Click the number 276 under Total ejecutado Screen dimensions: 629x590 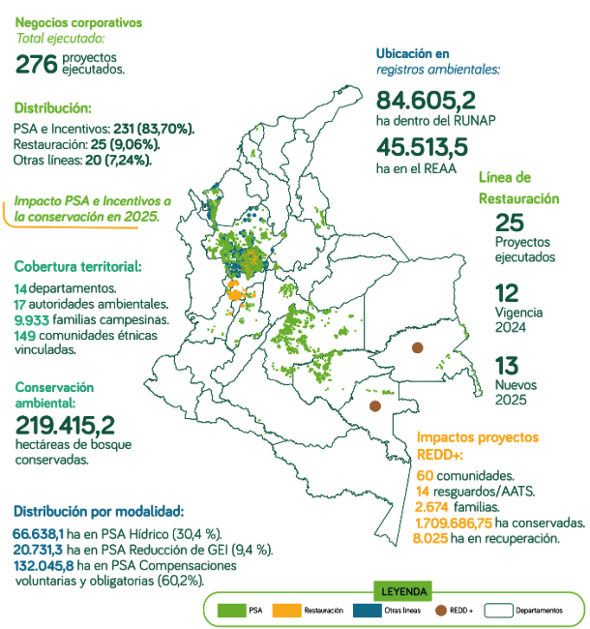pos(37,65)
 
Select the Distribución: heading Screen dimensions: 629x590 pos(52,107)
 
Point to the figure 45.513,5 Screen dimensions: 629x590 pos(422,147)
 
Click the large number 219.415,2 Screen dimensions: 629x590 pos(65,424)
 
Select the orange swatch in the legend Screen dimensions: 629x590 pos(285,610)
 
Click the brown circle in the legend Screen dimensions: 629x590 pos(442,610)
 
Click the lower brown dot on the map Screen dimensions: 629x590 pos(373,406)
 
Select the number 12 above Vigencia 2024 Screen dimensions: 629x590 pos(507,294)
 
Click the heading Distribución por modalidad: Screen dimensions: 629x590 pos(97,511)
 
